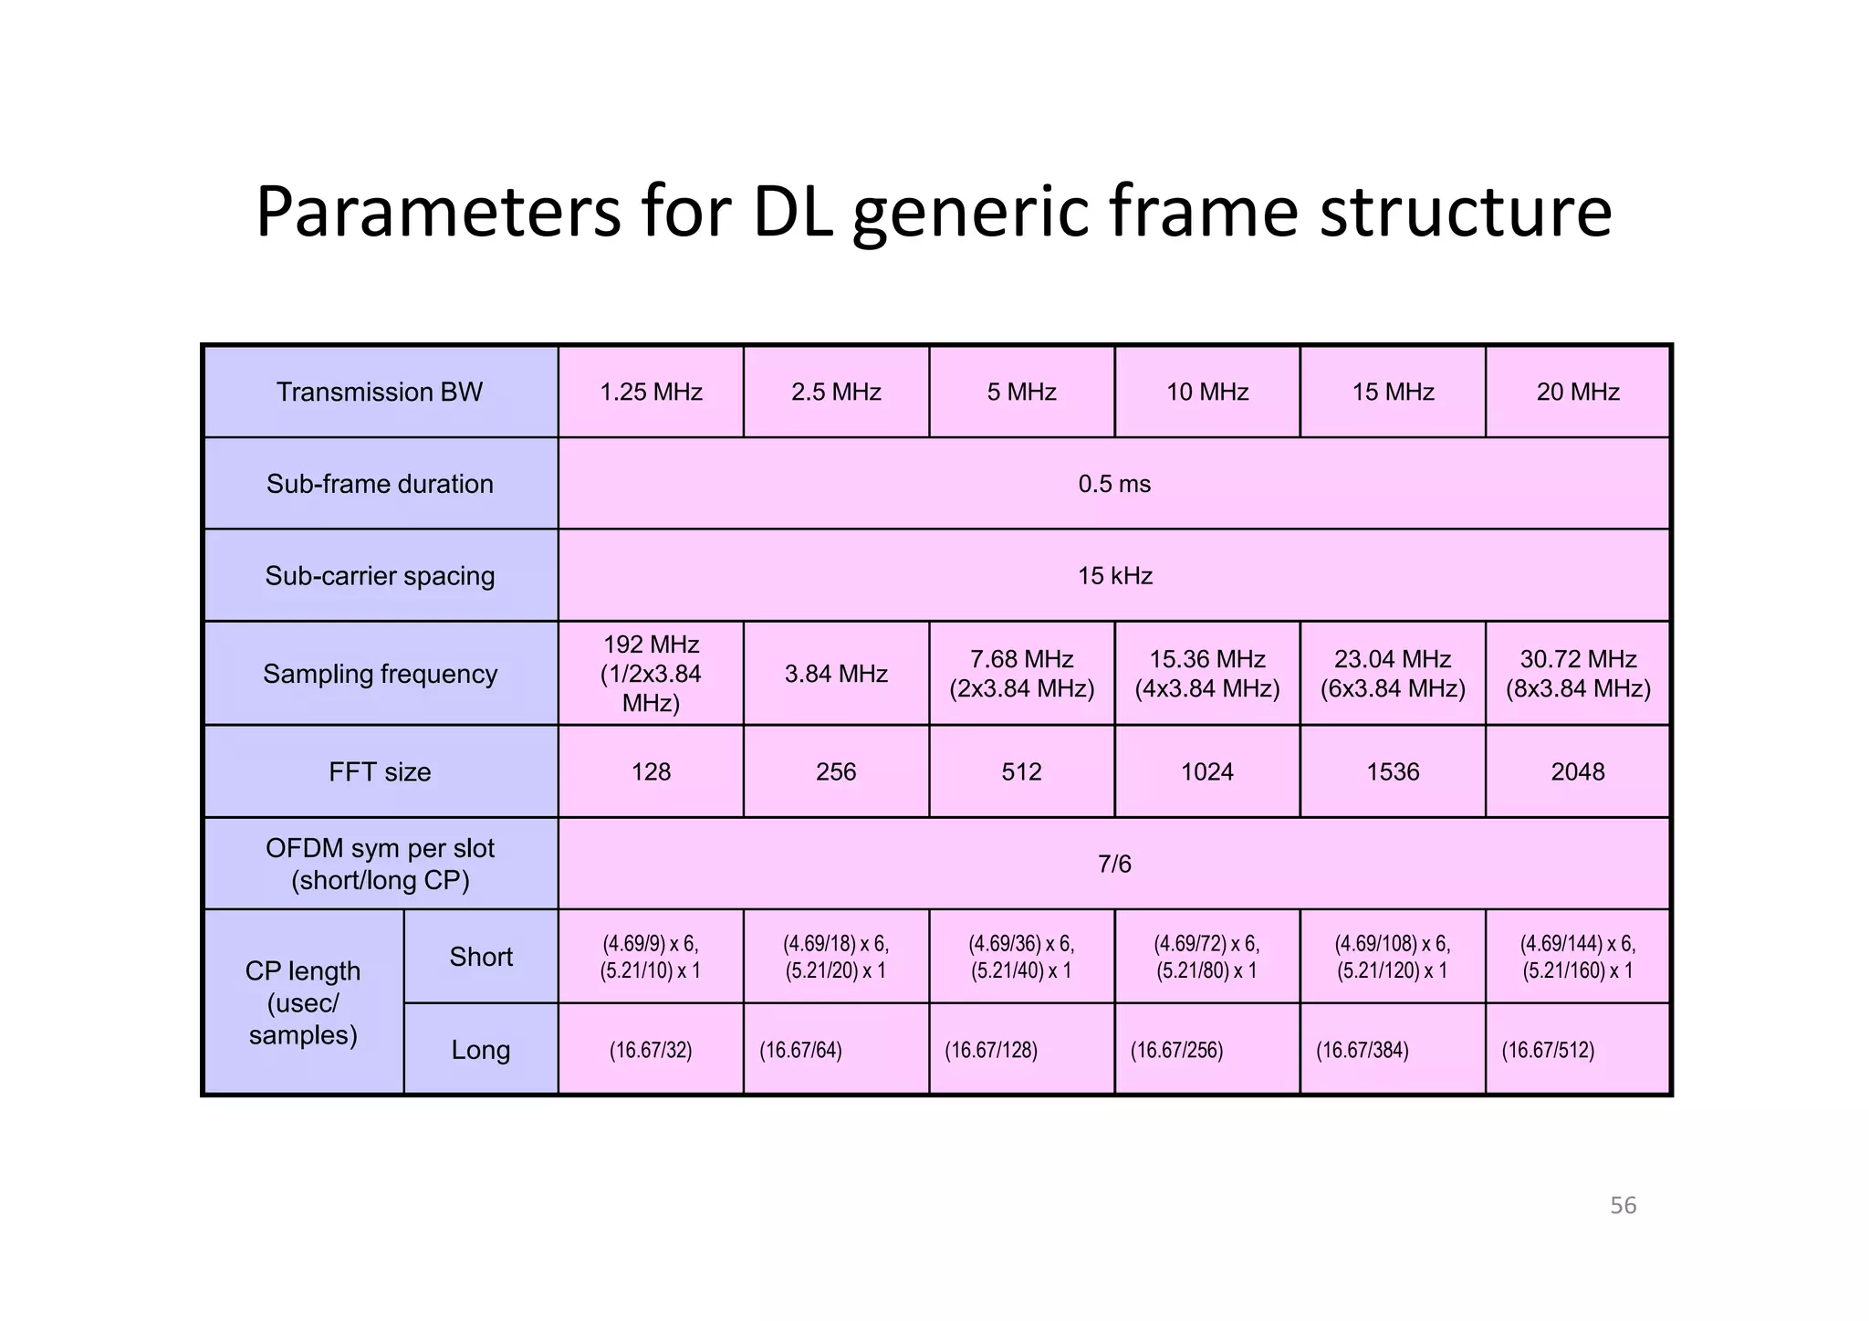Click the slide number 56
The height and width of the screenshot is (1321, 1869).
1623,1205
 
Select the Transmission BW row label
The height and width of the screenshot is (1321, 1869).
380,392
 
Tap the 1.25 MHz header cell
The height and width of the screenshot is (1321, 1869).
651,392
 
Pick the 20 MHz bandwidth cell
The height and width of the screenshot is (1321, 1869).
1578,392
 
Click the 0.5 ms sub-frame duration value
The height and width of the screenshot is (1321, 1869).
1114,484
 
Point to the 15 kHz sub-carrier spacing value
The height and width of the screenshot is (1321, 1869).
1114,576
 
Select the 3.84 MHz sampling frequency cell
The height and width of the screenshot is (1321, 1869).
836,674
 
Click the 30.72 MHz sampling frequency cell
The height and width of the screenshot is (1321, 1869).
1578,674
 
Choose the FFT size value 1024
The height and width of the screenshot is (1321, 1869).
1206,772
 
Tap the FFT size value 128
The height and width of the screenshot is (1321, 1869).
651,772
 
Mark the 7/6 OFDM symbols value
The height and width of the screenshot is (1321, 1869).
1114,864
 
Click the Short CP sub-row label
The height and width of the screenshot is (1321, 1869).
481,957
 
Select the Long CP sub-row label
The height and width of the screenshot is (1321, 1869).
481,1050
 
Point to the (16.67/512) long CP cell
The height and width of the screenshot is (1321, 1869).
1548,1050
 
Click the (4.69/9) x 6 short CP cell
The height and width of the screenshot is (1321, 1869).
651,957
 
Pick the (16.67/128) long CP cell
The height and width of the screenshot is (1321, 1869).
991,1050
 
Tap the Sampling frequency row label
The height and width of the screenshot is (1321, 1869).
380,674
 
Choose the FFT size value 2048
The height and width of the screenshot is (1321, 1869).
1578,772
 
